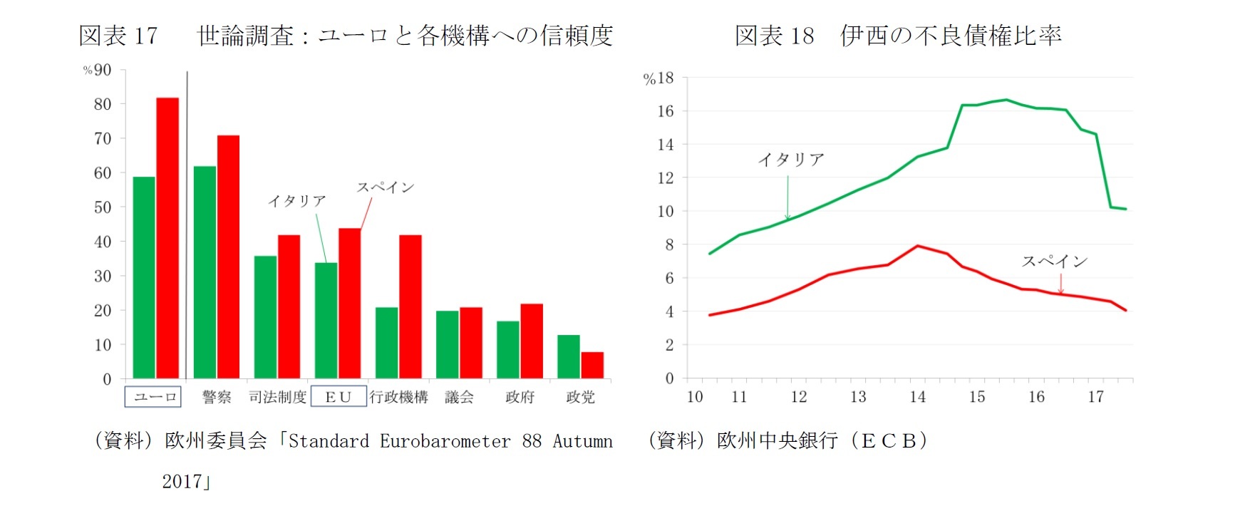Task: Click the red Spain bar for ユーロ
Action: pyautogui.click(x=167, y=238)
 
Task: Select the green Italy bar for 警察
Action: pyautogui.click(x=205, y=272)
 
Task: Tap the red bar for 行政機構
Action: pyautogui.click(x=410, y=306)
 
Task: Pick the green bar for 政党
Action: pyautogui.click(x=568, y=356)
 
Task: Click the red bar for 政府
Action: pyautogui.click(x=532, y=341)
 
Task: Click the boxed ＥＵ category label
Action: pyautogui.click(x=339, y=397)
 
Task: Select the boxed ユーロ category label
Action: pyautogui.click(x=153, y=397)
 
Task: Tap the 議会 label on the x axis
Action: pyautogui.click(x=459, y=397)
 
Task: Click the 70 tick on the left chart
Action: pyautogui.click(x=103, y=138)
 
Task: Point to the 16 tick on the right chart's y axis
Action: pyautogui.click(x=666, y=111)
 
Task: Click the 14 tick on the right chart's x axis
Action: pyautogui.click(x=917, y=397)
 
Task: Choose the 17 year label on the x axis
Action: pyautogui.click(x=1095, y=397)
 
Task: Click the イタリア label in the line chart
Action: pyautogui.click(x=791, y=160)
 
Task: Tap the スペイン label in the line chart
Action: pyautogui.click(x=1055, y=262)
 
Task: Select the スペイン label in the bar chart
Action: pyautogui.click(x=386, y=187)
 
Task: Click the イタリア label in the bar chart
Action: pyautogui.click(x=297, y=202)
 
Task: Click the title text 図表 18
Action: pyautogui.click(x=774, y=36)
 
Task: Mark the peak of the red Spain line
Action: pyautogui.click(x=918, y=246)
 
